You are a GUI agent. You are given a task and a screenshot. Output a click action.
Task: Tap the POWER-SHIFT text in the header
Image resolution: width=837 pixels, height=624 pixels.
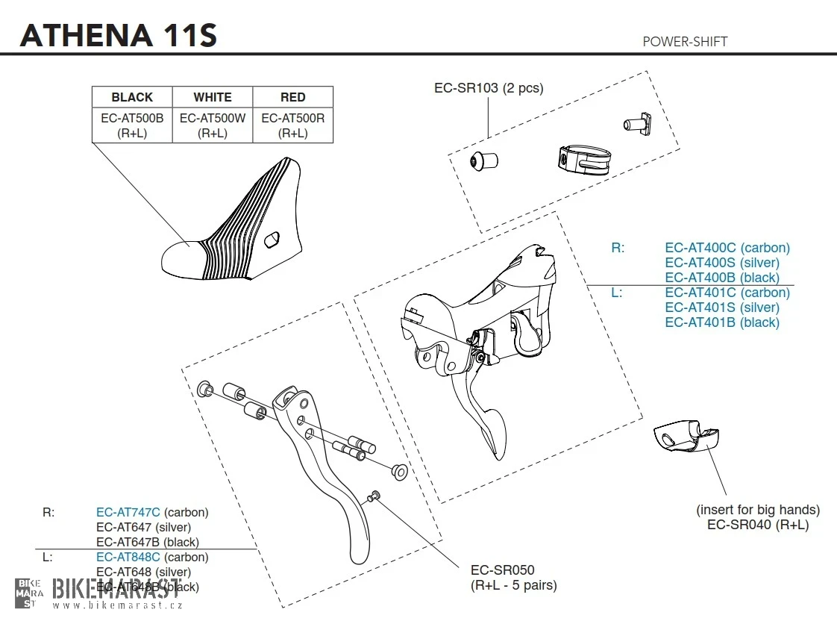[684, 42]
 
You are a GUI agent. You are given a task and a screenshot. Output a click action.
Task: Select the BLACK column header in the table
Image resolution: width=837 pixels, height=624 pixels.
[132, 97]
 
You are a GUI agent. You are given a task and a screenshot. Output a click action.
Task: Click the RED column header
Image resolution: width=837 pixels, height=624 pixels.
[292, 97]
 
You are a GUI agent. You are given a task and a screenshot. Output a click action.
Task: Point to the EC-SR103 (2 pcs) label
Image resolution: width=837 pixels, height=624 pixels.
[489, 88]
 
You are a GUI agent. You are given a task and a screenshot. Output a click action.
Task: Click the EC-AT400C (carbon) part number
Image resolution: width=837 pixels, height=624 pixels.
[727, 248]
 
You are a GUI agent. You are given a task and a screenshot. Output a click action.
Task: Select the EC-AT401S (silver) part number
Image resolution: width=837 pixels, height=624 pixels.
[721, 308]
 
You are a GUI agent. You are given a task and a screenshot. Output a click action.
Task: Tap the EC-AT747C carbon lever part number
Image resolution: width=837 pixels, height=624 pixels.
[128, 513]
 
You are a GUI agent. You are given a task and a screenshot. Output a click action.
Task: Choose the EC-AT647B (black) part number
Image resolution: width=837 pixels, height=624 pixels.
[147, 543]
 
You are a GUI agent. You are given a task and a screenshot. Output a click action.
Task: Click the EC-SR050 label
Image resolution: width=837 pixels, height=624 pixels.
[502, 570]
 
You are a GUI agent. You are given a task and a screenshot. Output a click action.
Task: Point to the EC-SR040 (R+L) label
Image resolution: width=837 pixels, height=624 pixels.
[757, 525]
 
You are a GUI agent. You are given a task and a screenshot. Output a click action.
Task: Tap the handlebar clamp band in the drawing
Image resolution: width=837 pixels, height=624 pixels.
[584, 157]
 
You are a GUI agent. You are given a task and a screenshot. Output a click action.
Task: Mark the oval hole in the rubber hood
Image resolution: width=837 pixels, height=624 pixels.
[273, 240]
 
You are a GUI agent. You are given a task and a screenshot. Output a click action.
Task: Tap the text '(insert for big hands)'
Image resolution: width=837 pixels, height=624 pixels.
[757, 510]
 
